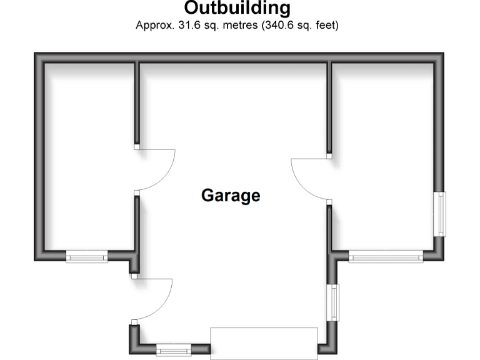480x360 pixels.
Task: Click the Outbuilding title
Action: click(x=237, y=8)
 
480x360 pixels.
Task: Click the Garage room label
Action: click(x=231, y=196)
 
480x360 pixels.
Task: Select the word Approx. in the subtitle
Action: click(x=153, y=26)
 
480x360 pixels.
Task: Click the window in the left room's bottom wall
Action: click(x=87, y=256)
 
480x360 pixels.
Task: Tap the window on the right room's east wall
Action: click(x=442, y=214)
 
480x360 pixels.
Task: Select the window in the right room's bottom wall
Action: click(x=386, y=256)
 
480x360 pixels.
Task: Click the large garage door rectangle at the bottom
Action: click(x=264, y=342)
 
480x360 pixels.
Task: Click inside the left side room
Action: click(x=87, y=156)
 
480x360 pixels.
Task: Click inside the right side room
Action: click(x=384, y=156)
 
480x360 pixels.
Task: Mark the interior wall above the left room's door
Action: click(x=136, y=103)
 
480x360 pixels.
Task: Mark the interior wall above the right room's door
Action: click(x=329, y=106)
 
